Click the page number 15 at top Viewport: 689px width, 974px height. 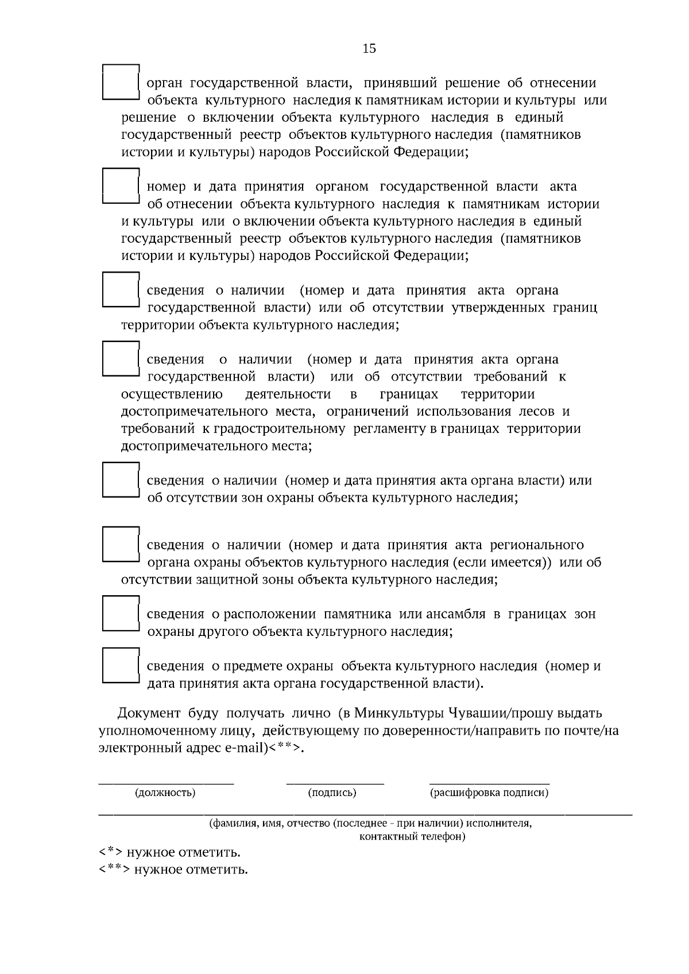coord(369,48)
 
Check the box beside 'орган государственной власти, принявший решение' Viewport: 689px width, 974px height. coord(121,82)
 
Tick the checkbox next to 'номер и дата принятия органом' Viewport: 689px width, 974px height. coord(121,185)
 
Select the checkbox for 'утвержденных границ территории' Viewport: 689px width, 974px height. coord(121,289)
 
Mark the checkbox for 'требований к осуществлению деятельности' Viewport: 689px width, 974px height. coord(121,359)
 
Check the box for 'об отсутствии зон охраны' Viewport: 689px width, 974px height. coord(121,480)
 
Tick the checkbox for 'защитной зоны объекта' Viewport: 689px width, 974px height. coord(121,544)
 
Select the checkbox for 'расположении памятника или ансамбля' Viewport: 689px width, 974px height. coord(121,614)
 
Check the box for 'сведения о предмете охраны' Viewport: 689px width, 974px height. coord(121,666)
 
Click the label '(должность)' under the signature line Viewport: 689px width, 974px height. coord(165,793)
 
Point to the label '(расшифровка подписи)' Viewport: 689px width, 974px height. coord(489,793)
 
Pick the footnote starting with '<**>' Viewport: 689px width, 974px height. coord(173,870)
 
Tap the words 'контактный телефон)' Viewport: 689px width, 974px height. coord(412,836)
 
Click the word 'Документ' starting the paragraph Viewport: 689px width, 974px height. coord(149,713)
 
